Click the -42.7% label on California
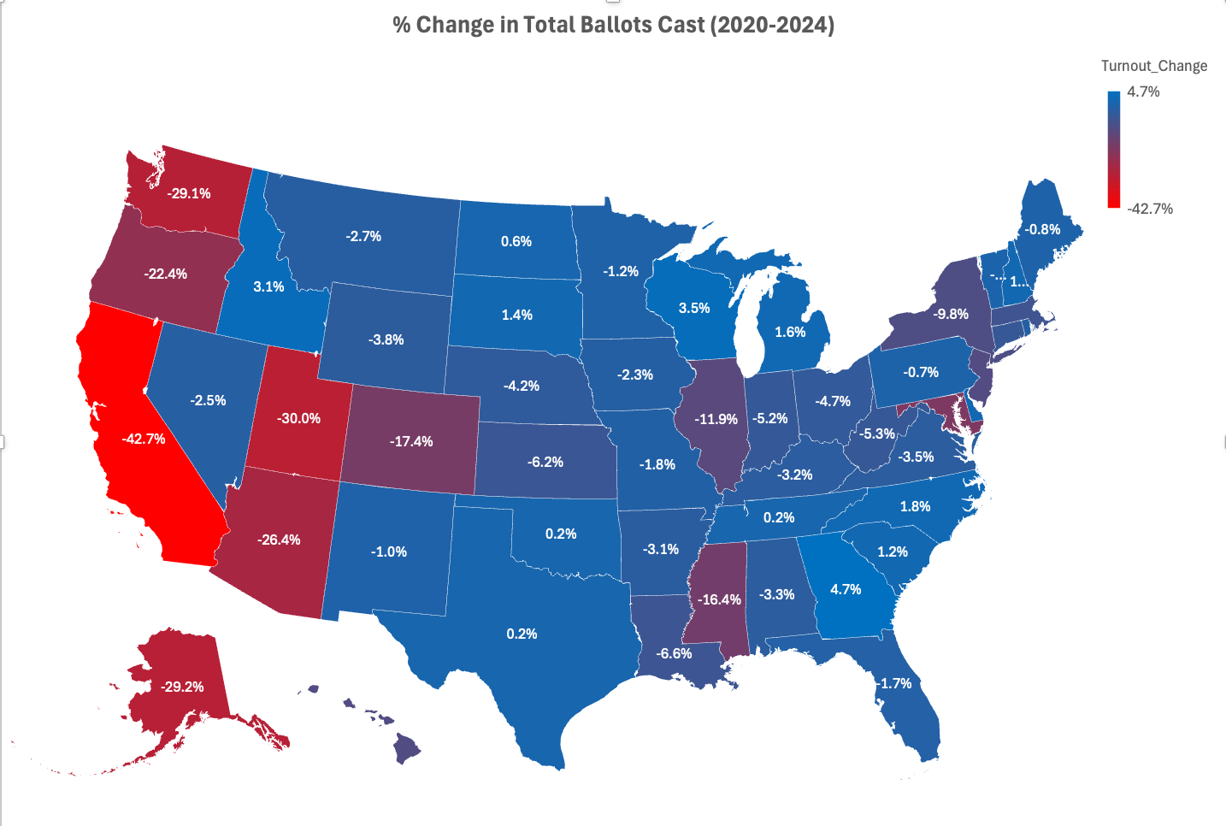144,439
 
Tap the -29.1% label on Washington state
188,193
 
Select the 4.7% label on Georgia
846,589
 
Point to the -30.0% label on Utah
298,418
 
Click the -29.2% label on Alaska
182,687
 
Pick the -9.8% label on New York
950,314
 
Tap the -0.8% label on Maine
1042,229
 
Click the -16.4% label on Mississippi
719,599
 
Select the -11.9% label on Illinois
716,419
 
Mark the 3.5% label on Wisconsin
694,308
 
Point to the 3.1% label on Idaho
268,286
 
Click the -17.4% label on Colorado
411,441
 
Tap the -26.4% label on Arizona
279,540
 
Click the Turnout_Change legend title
1153,66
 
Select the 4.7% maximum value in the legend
1143,91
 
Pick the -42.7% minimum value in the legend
1150,209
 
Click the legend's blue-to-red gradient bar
1113,150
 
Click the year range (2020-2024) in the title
772,25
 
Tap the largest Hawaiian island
408,750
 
